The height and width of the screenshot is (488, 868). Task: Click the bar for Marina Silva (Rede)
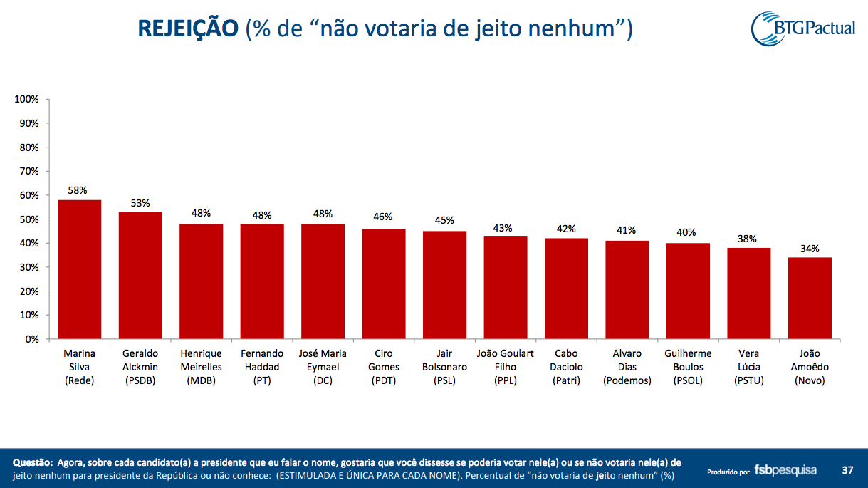pyautogui.click(x=79, y=269)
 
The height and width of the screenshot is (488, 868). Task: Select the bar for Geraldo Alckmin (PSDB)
pyautogui.click(x=140, y=275)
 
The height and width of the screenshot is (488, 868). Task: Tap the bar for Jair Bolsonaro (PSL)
pyautogui.click(x=445, y=285)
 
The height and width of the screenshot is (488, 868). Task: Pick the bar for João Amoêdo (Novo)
pyautogui.click(x=810, y=298)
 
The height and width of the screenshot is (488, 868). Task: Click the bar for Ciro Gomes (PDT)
pyautogui.click(x=384, y=284)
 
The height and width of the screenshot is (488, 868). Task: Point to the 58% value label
pyautogui.click(x=78, y=190)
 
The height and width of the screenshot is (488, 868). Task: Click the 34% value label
pyautogui.click(x=809, y=249)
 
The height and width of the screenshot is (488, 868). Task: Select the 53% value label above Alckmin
pyautogui.click(x=140, y=203)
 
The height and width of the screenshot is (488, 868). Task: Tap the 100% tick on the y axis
pyautogui.click(x=26, y=99)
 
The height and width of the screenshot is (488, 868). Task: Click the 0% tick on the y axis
pyautogui.click(x=32, y=339)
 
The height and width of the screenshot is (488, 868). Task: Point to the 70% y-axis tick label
pyautogui.click(x=28, y=171)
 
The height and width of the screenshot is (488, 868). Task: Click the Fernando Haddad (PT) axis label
pyautogui.click(x=262, y=367)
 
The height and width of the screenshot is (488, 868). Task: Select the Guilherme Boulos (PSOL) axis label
pyautogui.click(x=688, y=367)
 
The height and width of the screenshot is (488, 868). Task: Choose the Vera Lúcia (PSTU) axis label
pyautogui.click(x=748, y=367)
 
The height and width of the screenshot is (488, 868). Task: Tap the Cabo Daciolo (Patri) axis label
pyautogui.click(x=567, y=367)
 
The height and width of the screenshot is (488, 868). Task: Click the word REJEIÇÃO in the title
pyautogui.click(x=187, y=28)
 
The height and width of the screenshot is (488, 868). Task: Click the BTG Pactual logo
pyautogui.click(x=802, y=28)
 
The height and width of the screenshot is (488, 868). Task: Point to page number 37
pyautogui.click(x=847, y=470)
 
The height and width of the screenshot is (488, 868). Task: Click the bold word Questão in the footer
pyautogui.click(x=33, y=463)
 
